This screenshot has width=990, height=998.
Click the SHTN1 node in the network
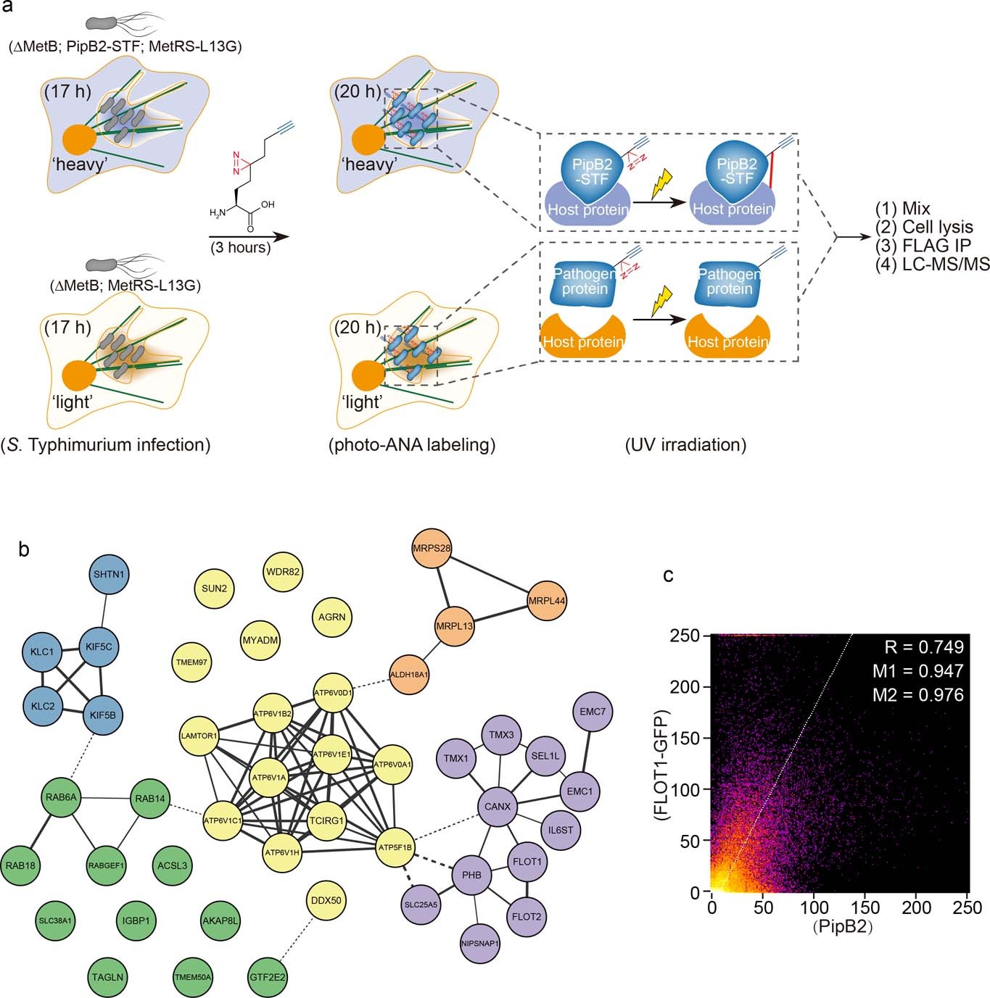(x=110, y=575)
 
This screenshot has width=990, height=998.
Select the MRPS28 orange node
(x=432, y=548)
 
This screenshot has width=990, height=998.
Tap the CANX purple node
(x=498, y=806)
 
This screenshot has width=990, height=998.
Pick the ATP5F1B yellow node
(x=395, y=847)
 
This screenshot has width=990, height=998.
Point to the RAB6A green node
(x=61, y=798)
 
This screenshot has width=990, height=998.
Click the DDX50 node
(x=326, y=901)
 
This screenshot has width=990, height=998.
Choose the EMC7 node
(x=593, y=712)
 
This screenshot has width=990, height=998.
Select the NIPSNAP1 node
(x=480, y=943)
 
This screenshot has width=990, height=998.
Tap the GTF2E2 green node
(x=268, y=977)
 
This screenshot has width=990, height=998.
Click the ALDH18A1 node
(x=409, y=674)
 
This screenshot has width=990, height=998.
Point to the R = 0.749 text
(x=923, y=647)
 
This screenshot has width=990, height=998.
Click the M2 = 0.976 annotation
(x=917, y=694)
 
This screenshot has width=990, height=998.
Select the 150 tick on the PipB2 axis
(x=865, y=907)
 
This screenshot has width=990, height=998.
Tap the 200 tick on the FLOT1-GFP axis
(x=685, y=686)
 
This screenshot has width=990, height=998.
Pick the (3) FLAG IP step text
(x=923, y=246)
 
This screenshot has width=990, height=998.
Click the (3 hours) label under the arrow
(x=241, y=247)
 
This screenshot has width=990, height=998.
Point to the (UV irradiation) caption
(x=685, y=444)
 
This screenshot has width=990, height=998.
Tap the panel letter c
(x=668, y=575)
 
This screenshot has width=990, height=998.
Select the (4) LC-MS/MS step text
(x=932, y=265)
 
